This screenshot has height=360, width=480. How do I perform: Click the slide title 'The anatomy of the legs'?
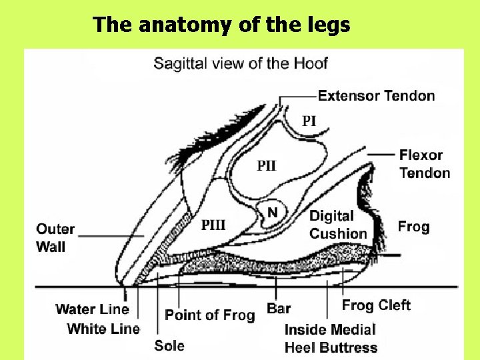tap(221, 25)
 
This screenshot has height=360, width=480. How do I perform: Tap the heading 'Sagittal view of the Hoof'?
tap(241, 64)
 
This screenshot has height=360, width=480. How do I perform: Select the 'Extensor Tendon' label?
tap(376, 96)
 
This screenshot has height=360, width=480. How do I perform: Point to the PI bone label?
tap(309, 121)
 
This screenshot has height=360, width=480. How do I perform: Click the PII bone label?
tap(267, 166)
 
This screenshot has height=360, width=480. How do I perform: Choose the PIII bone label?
tap(213, 225)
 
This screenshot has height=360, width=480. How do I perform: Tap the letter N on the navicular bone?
tap(272, 212)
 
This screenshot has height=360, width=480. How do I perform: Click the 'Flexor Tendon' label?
tap(425, 164)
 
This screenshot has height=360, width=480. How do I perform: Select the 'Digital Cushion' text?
tap(338, 225)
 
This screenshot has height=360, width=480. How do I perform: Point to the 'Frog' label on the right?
tap(413, 227)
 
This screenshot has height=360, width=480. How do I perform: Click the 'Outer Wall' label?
tap(55, 237)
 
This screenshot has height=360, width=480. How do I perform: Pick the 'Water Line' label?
tap(92, 309)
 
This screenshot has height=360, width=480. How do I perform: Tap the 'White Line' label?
tap(103, 329)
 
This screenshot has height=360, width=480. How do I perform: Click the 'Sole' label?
tap(169, 345)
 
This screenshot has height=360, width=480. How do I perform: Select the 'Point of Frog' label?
tap(209, 315)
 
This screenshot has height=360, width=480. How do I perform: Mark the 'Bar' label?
tap(279, 309)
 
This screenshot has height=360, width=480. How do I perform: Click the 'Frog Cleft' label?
tap(376, 306)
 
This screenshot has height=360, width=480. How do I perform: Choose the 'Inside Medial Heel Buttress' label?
tap(331, 338)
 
